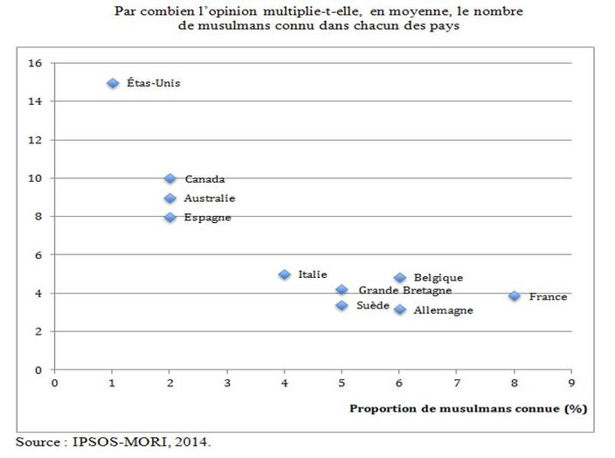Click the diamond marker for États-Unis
coord(112,83)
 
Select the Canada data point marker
coord(169,178)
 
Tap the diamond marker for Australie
coord(169,198)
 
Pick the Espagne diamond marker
coord(169,217)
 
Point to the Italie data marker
coord(284,274)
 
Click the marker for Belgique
coord(399,278)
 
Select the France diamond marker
coord(515,296)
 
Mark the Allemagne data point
coord(399,309)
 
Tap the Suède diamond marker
coord(342,305)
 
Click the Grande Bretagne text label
coord(404,290)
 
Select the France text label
coord(548,296)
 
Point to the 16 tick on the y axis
coord(36,63)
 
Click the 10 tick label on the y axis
coord(36,178)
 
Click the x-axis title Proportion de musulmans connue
coord(468,407)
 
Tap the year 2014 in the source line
coord(196,441)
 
